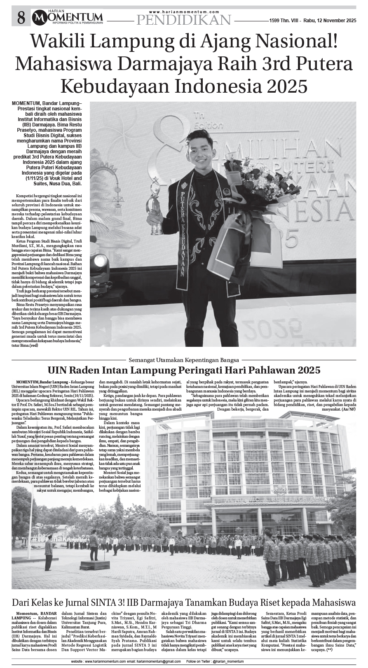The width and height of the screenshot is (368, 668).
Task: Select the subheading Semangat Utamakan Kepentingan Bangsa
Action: point(184,356)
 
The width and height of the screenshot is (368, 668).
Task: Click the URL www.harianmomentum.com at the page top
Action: point(184,12)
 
